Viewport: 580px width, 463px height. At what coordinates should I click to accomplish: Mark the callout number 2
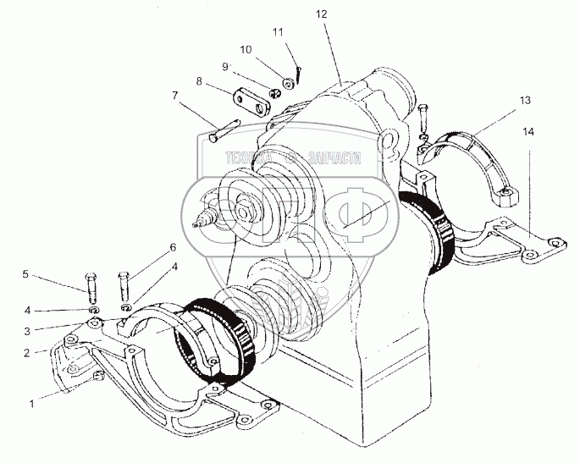pos(28,351)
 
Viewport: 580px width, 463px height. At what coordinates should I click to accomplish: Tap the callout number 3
pos(28,332)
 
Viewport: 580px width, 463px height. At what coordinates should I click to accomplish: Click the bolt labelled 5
pos(91,285)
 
